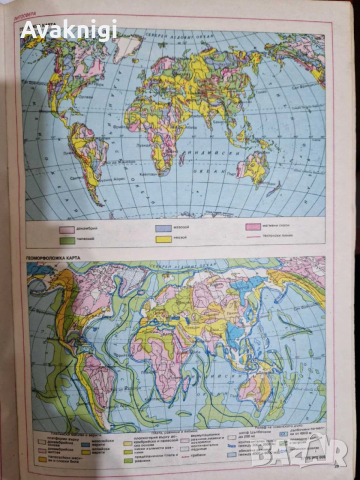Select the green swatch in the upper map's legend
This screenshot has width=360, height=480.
coord(69,240)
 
